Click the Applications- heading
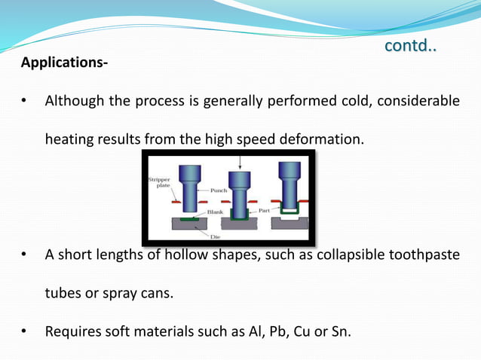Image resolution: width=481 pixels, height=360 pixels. [64, 62]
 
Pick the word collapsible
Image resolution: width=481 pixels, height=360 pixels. [332, 255]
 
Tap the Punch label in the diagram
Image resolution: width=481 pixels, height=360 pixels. [209, 191]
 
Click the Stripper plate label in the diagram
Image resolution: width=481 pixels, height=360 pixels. [160, 184]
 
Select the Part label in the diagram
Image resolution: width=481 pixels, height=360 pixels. [264, 211]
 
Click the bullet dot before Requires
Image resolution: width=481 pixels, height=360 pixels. [25, 331]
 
